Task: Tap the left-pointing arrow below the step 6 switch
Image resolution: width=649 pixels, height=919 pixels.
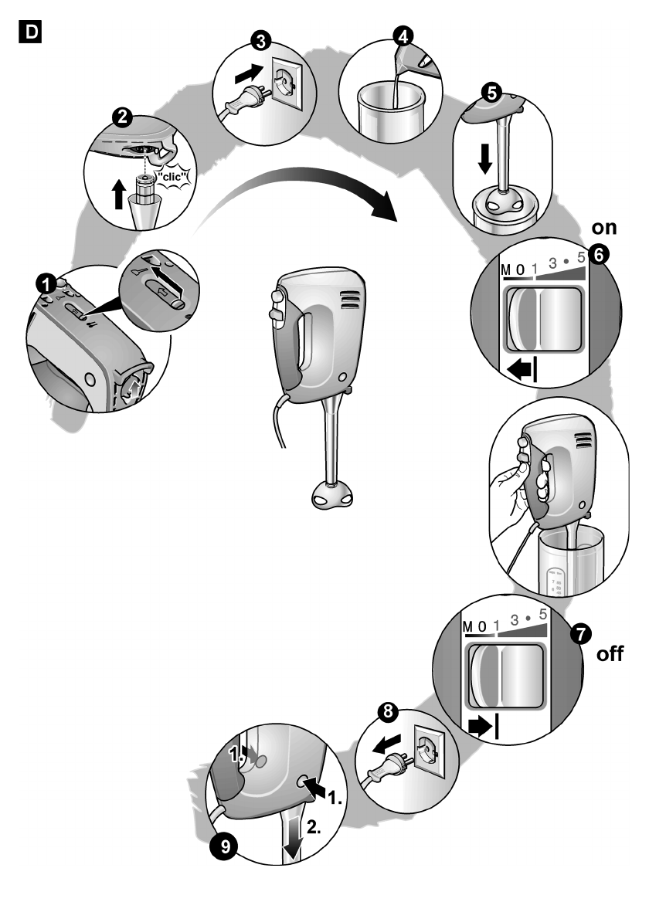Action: (519, 374)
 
